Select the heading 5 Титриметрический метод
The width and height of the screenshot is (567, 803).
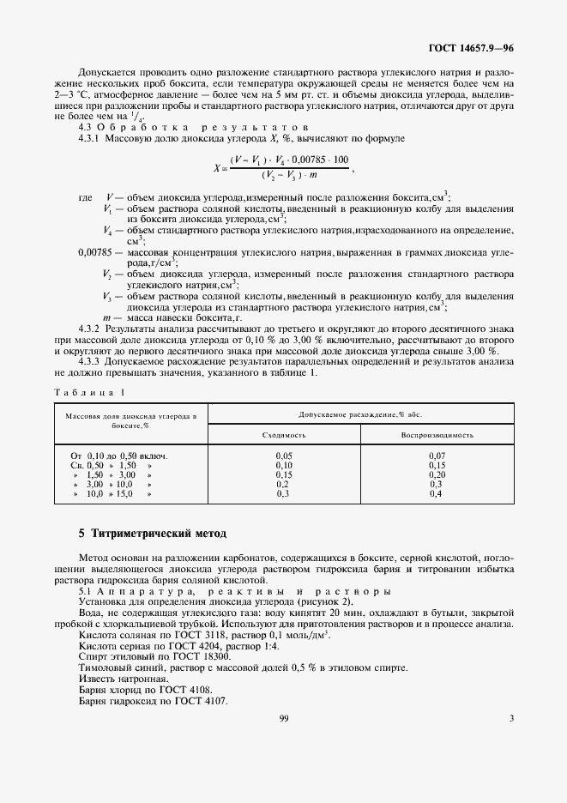[152, 534]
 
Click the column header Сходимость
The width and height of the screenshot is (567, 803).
[284, 434]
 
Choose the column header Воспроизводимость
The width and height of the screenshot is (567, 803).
[437, 434]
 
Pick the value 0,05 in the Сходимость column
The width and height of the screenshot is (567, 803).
[284, 455]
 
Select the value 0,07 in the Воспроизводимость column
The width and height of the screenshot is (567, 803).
[437, 455]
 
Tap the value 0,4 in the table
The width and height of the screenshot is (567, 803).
[437, 495]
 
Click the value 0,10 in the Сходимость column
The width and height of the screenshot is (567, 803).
[284, 464]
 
